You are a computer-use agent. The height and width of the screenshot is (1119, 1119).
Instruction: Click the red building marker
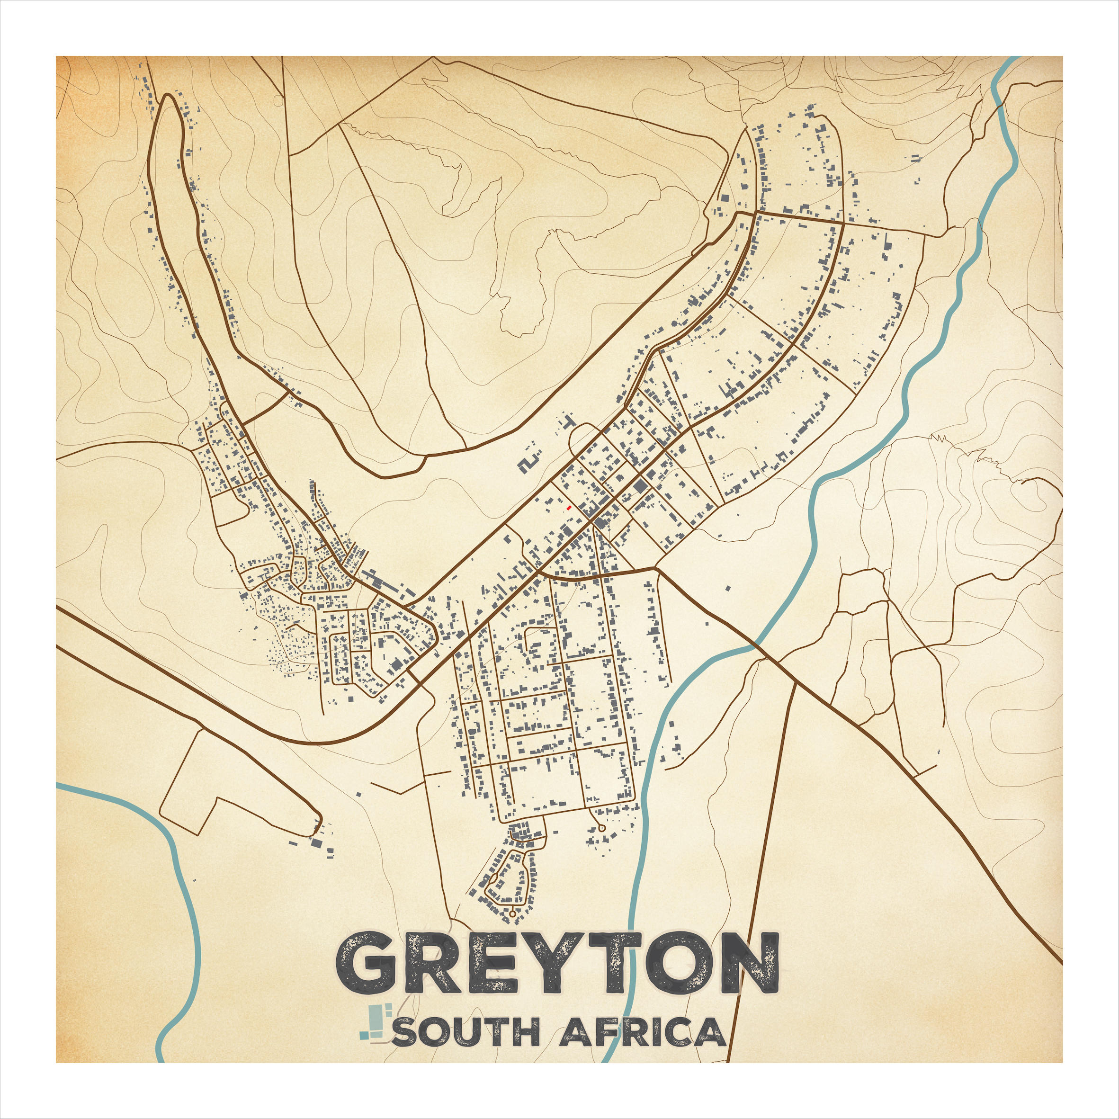point(569,507)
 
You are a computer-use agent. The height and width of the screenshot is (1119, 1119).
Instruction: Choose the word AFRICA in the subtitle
point(643,1032)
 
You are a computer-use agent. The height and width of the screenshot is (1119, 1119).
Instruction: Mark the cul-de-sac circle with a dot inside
point(602,829)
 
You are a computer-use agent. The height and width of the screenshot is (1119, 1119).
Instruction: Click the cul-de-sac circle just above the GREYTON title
point(512,913)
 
